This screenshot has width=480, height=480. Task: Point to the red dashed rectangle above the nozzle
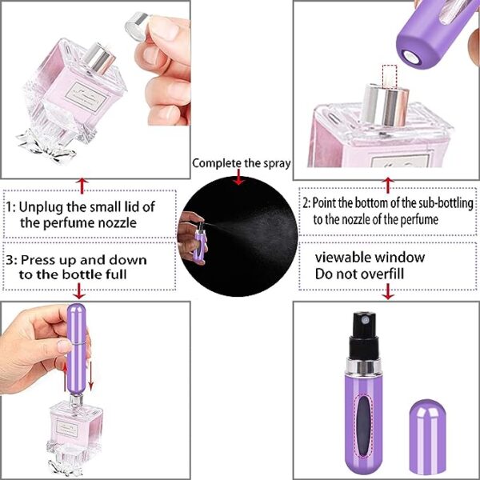[390, 77]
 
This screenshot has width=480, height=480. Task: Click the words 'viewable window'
[369, 258]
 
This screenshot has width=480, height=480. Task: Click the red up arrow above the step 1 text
[80, 185]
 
